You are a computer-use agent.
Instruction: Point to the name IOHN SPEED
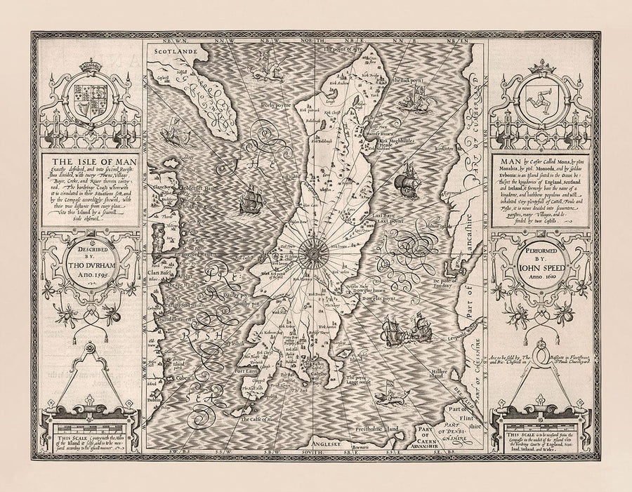click(x=541, y=255)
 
